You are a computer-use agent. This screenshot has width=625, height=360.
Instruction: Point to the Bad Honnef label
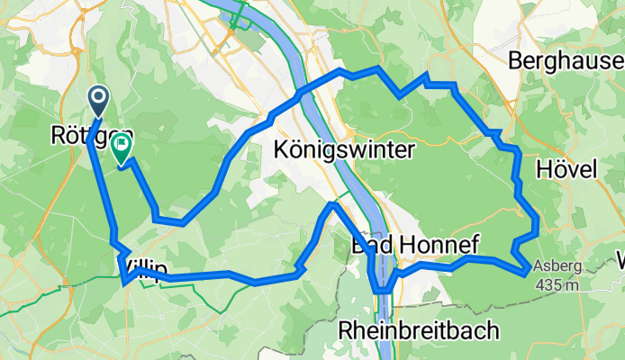click(x=415, y=245)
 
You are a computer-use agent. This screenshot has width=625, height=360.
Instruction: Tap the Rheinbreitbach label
click(x=418, y=331)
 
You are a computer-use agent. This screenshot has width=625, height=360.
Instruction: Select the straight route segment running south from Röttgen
click(x=102, y=189)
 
